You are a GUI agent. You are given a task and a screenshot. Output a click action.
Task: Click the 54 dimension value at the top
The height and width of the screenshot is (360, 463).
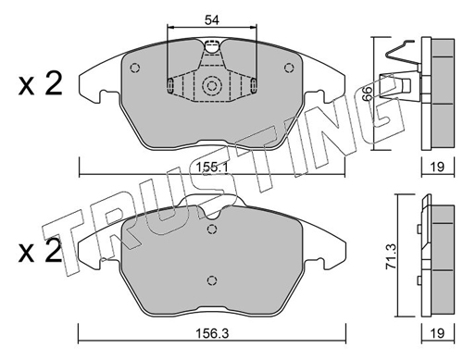(212, 20)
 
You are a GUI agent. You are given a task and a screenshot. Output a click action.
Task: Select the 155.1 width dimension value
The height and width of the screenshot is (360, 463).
(212, 168)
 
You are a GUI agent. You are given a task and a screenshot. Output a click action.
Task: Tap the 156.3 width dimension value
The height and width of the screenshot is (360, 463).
(212, 333)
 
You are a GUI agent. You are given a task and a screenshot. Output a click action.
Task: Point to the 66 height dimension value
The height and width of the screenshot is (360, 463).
(367, 93)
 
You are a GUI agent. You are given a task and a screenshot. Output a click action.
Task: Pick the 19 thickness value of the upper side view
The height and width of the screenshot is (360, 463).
(437, 167)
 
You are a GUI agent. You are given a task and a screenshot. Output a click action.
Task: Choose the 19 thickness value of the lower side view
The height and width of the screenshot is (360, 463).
(437, 333)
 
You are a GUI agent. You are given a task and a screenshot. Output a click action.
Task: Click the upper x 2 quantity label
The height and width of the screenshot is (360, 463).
(40, 83)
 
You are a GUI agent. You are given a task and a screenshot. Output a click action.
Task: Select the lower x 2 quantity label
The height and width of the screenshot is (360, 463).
(40, 252)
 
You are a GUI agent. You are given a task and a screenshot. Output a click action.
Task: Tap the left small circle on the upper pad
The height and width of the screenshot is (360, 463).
(135, 68)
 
